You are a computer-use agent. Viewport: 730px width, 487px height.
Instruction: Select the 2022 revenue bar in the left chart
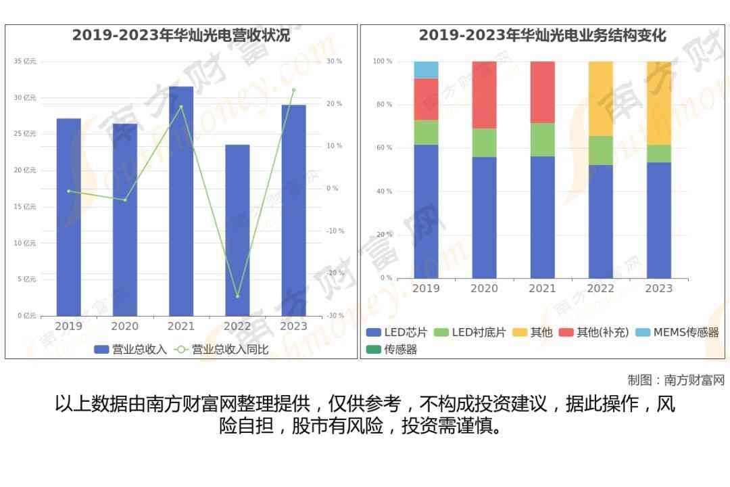coord(237,230)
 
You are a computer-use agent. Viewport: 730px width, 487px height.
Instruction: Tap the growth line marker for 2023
coord(293,90)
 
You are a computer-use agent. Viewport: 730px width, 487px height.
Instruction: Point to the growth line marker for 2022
coord(237,296)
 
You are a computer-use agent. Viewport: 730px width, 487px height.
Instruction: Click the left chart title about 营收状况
coord(181,36)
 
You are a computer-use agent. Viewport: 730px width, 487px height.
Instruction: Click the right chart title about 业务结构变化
coord(542,36)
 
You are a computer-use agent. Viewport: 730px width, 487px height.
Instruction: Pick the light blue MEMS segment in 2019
coord(426,70)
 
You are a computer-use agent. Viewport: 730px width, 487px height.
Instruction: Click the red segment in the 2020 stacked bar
coord(484,95)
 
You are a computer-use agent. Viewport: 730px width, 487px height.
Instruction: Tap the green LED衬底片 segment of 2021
coord(542,139)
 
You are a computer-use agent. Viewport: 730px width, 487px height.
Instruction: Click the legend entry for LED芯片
coord(397,333)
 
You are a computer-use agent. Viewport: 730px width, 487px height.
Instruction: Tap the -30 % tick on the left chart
coord(335,316)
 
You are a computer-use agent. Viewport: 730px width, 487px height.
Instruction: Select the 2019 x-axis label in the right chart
coord(426,289)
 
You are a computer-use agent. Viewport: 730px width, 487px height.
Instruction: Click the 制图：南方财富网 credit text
coord(676,380)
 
